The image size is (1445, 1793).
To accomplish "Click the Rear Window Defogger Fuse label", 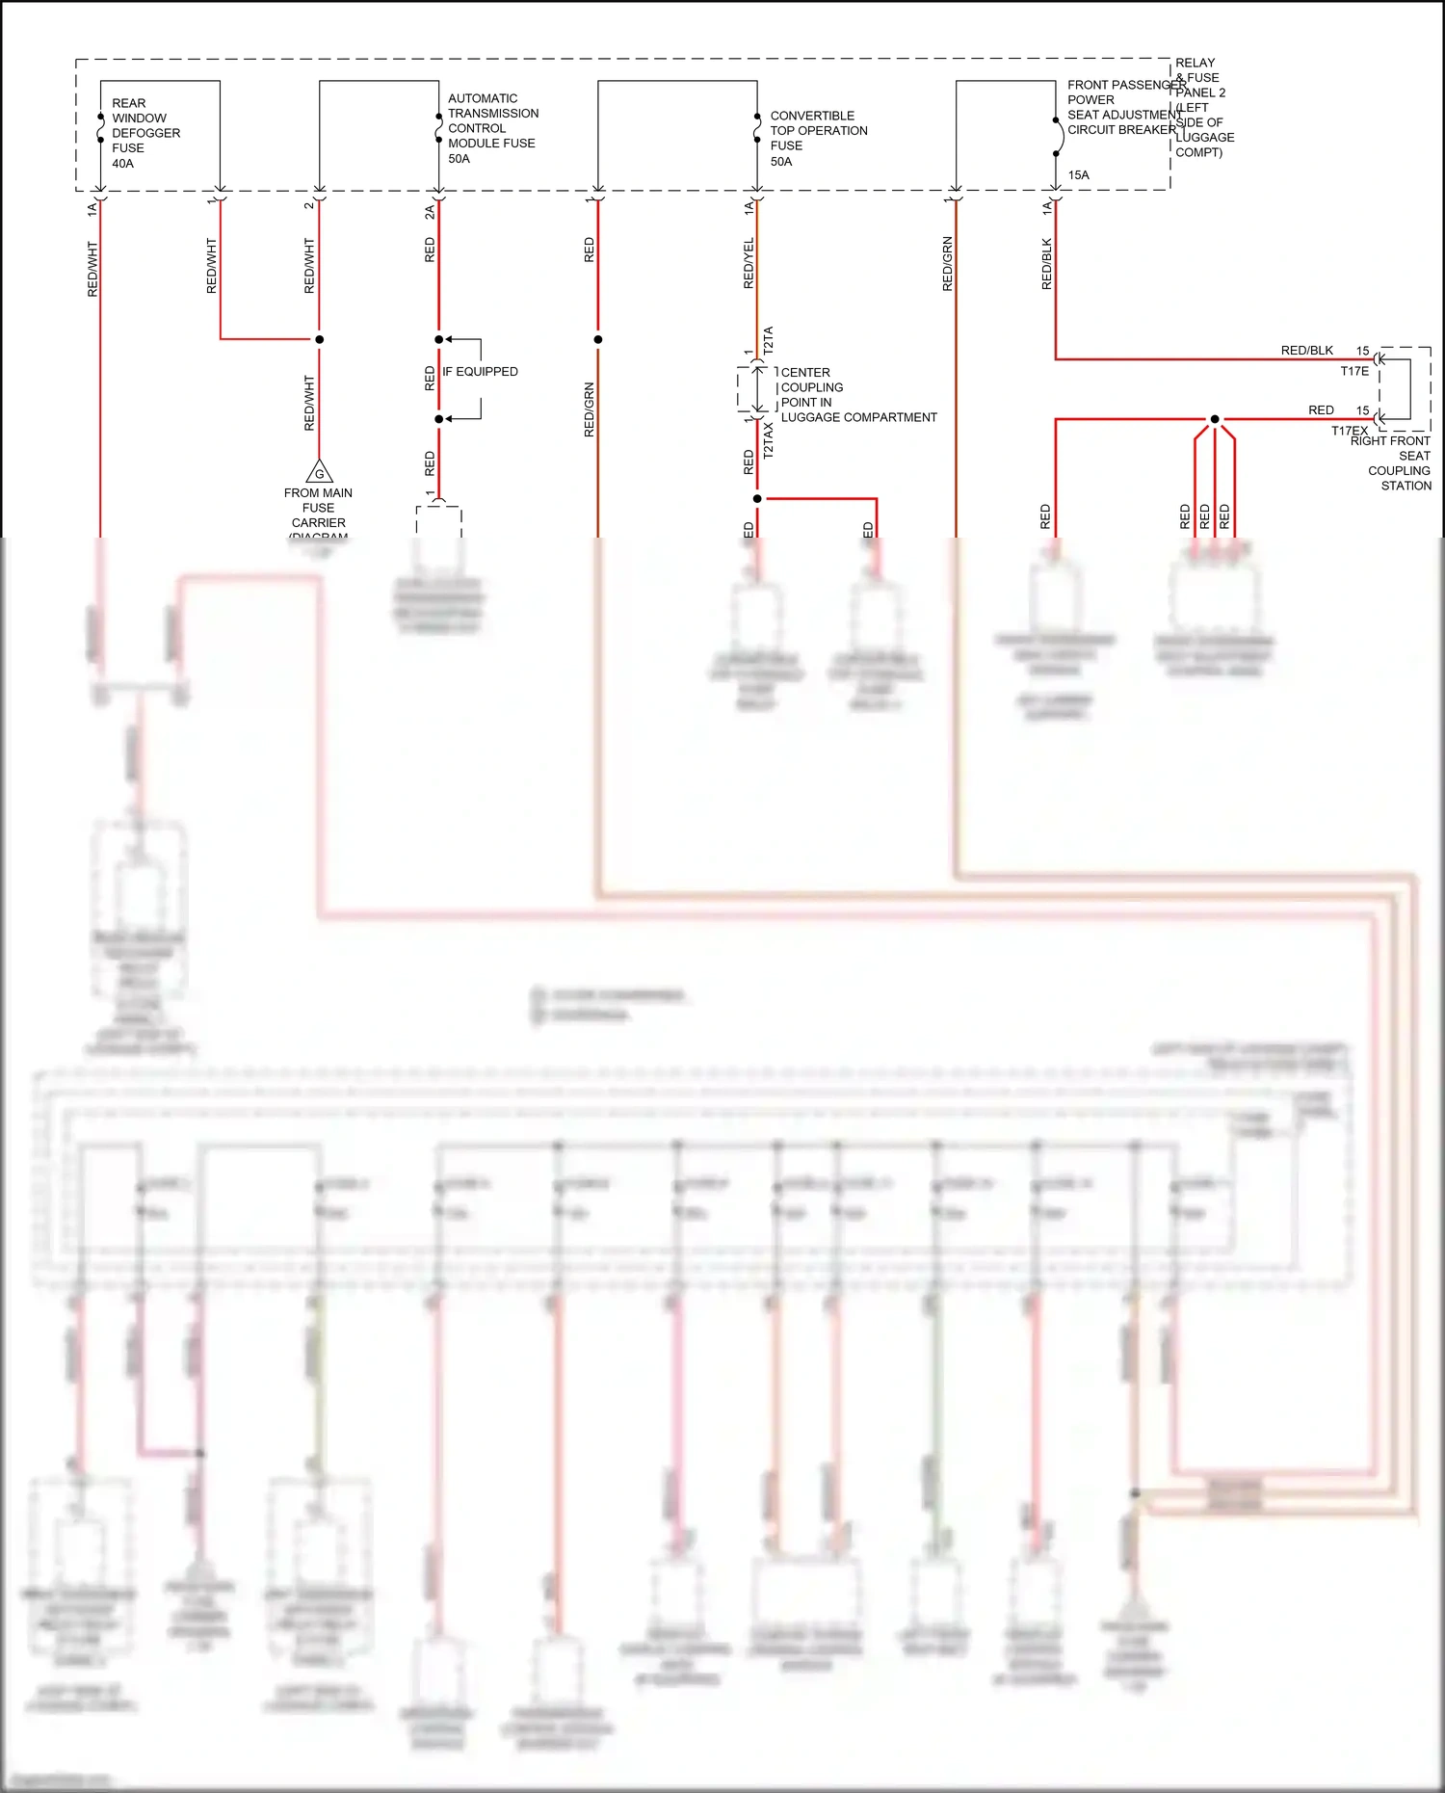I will [x=144, y=126].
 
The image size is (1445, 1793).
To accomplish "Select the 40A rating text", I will [x=123, y=164].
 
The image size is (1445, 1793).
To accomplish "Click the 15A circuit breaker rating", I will [x=1078, y=175].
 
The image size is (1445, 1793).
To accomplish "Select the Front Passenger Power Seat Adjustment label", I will [x=1121, y=107].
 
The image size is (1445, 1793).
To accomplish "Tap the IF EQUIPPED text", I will [x=480, y=372].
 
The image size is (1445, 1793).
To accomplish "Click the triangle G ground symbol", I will [x=319, y=472].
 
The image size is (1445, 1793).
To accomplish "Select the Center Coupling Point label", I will [x=857, y=395].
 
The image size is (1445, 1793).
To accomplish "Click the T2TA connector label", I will [x=769, y=339].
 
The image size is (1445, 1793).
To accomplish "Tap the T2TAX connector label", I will [x=769, y=439].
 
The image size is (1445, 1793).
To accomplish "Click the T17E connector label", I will [x=1353, y=372].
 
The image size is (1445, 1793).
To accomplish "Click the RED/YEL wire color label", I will [x=749, y=263].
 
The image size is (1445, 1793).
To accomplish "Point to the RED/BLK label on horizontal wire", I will [x=1306, y=351].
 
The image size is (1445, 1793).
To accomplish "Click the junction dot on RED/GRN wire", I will [x=598, y=339].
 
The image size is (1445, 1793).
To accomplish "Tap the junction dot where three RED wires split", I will [x=1215, y=419].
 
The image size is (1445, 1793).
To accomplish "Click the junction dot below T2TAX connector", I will [x=757, y=498].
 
